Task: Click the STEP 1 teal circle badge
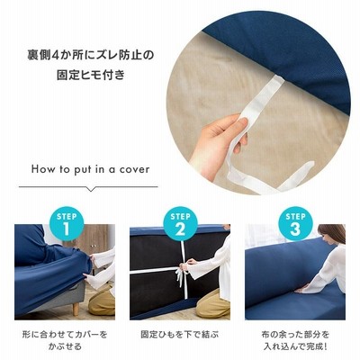67,224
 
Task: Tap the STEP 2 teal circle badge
180,224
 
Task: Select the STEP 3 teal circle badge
295,224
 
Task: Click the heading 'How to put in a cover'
90,169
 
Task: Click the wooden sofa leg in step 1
76,309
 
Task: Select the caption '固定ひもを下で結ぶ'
180,334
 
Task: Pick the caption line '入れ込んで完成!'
295,346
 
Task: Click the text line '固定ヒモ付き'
91,75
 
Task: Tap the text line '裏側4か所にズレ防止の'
90,56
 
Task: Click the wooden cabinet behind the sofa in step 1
92,238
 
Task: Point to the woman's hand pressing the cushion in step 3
301,290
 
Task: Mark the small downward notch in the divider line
90,189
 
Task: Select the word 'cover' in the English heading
134,170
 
